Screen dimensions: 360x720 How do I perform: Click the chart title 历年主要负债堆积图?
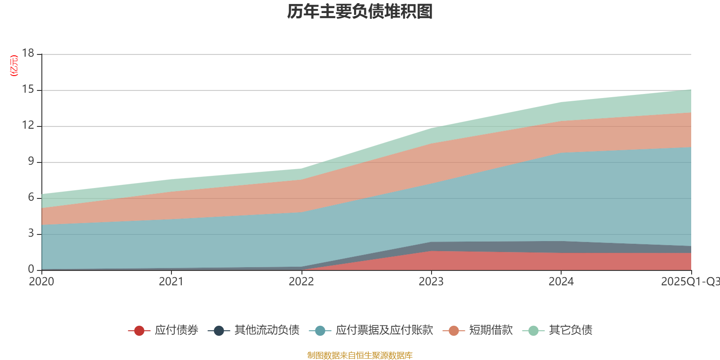(360, 12)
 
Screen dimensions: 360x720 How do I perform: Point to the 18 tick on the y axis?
(28, 53)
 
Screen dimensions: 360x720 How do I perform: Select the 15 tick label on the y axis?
(28, 90)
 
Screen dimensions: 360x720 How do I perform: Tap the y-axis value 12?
(28, 125)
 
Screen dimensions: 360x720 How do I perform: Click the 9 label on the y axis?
(31, 161)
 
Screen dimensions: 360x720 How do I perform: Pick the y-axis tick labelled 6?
(31, 197)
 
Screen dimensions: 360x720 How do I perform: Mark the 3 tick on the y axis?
(31, 233)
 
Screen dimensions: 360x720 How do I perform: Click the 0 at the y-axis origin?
(31, 269)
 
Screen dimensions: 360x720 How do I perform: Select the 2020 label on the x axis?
(41, 282)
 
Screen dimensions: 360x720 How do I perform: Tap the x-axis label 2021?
(171, 282)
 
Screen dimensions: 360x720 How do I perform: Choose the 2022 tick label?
(301, 282)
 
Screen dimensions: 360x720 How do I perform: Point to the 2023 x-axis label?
(431, 282)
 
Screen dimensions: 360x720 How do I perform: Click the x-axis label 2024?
(561, 282)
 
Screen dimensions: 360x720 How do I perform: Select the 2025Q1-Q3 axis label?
(690, 282)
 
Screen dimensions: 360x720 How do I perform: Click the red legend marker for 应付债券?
(139, 331)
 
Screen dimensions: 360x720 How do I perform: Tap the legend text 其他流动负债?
(267, 330)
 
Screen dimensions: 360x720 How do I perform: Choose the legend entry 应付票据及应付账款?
(384, 330)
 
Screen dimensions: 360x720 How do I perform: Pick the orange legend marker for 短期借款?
(454, 331)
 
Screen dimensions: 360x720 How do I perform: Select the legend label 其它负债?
(571, 330)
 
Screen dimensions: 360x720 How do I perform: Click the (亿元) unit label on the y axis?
(14, 66)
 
